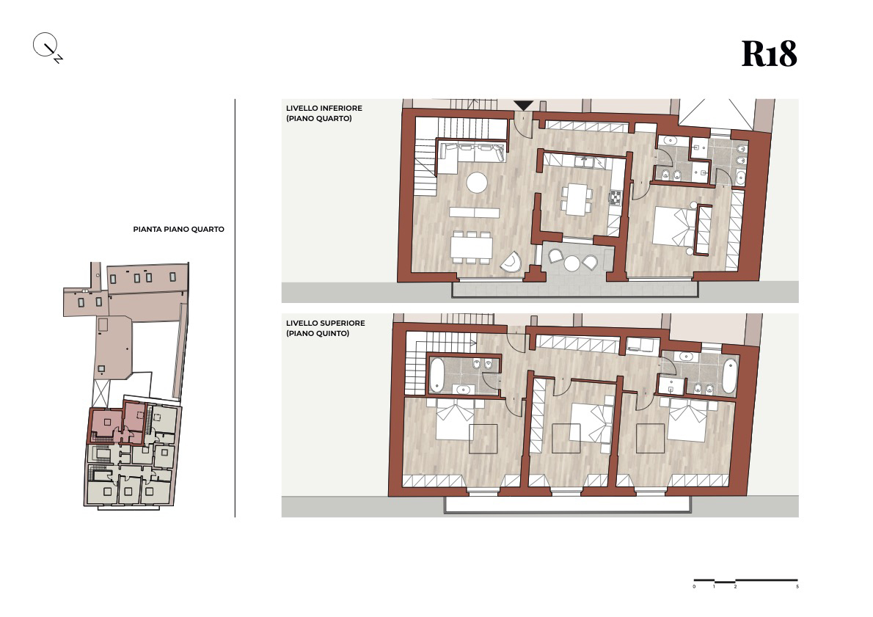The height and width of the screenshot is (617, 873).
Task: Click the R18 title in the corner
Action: click(769, 54)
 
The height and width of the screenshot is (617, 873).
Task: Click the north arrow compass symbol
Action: click(47, 47)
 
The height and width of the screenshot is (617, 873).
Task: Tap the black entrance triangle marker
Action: click(523, 105)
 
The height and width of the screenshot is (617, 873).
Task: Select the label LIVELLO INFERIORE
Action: click(324, 108)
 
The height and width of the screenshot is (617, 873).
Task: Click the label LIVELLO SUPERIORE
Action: click(326, 323)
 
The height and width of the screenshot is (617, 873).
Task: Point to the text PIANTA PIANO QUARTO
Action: click(179, 229)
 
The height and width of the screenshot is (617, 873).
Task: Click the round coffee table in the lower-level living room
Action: click(477, 183)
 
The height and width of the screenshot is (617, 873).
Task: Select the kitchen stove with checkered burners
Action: click(616, 197)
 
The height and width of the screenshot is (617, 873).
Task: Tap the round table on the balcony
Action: click(572, 263)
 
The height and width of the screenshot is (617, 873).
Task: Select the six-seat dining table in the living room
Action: click(472, 247)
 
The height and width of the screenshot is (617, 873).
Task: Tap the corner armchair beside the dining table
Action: click(511, 262)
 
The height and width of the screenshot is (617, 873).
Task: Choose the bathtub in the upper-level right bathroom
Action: click(728, 376)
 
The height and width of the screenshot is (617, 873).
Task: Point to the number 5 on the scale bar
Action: click(797, 586)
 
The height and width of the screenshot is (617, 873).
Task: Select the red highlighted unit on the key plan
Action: click(117, 424)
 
